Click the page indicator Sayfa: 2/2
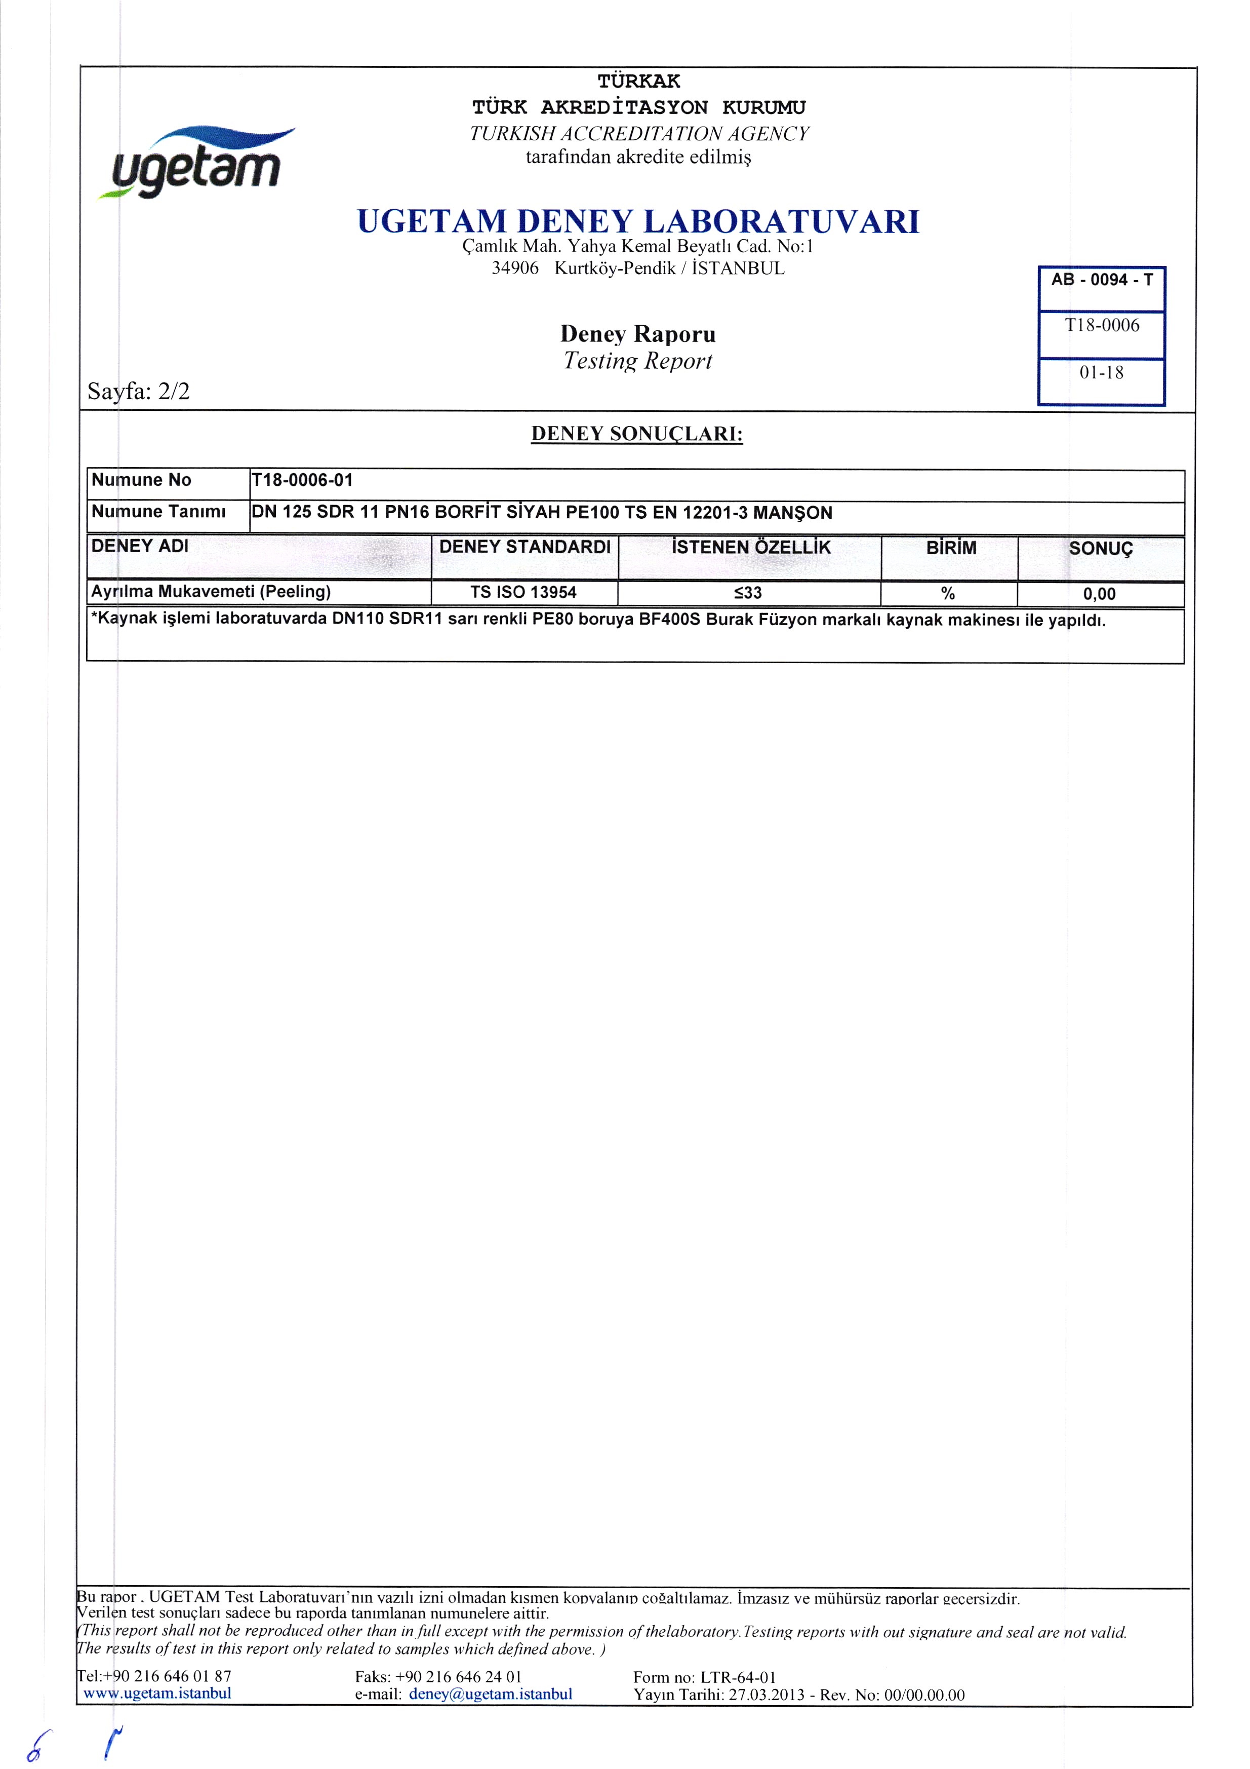[139, 392]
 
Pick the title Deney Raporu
[638, 334]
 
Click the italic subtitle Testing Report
[638, 361]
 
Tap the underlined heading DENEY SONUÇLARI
[637, 434]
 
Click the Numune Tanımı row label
[158, 512]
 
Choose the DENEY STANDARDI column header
[525, 547]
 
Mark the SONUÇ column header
[1101, 549]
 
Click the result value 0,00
[1099, 594]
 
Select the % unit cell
[948, 593]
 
